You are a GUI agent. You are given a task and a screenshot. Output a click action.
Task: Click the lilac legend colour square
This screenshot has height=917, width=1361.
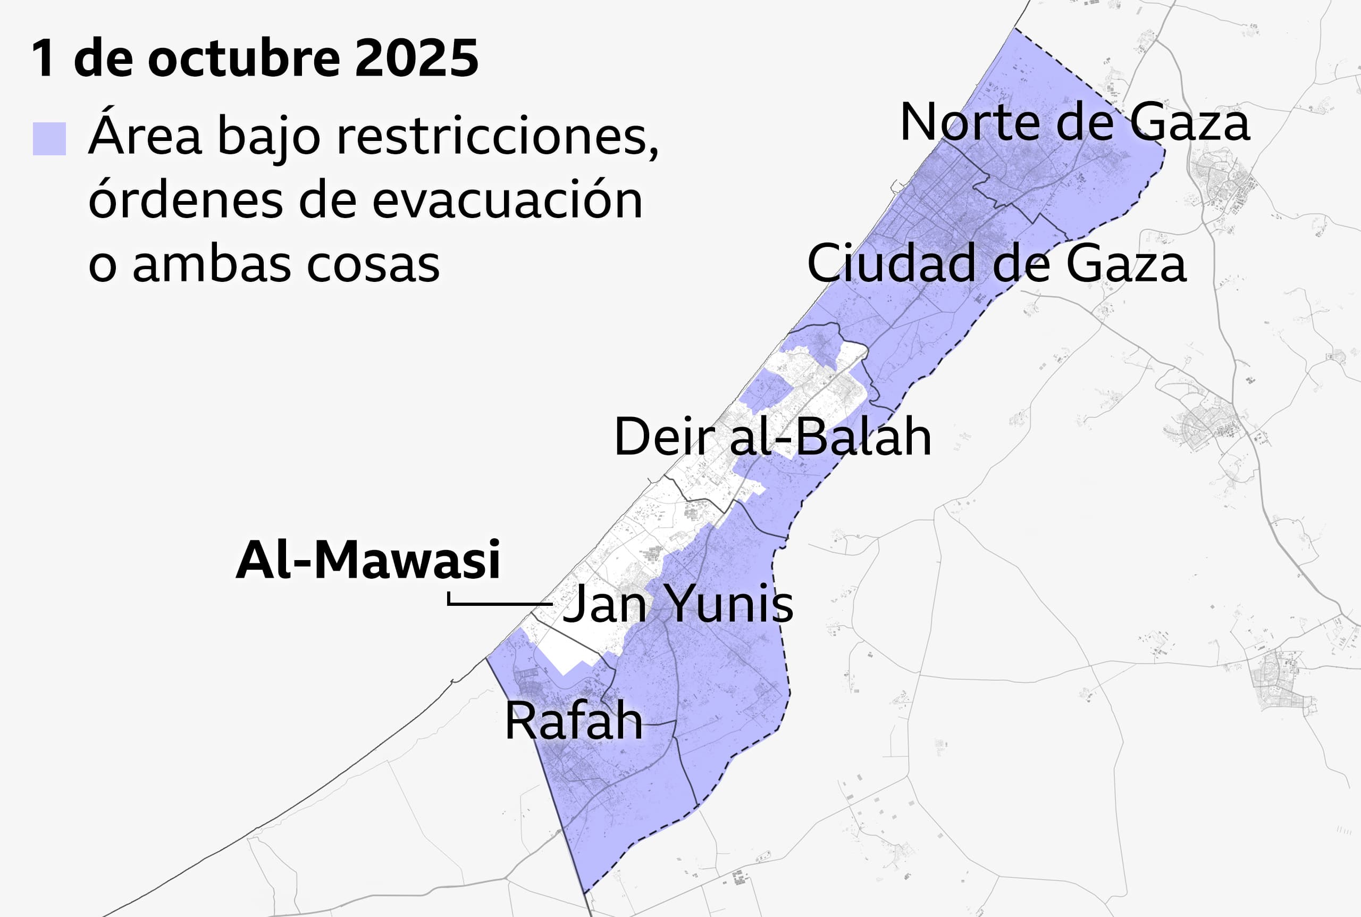(49, 139)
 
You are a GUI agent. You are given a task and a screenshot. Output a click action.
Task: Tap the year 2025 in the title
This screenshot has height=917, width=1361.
(417, 58)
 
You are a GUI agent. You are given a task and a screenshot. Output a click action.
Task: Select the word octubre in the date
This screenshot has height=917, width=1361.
(243, 58)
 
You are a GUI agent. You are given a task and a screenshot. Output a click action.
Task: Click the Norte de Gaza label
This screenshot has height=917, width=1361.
(1074, 122)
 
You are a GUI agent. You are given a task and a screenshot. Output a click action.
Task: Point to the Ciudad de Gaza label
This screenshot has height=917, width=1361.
(996, 263)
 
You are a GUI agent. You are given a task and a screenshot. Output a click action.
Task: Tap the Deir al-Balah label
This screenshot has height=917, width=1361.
(772, 437)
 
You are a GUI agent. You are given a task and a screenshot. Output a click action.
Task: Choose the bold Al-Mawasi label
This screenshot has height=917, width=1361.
(368, 560)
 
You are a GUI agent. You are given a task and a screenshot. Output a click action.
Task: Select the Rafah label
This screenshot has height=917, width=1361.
(573, 721)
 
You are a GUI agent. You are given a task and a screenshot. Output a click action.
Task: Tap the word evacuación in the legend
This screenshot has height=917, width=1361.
(507, 201)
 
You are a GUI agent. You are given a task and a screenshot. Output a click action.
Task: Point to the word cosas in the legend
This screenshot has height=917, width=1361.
(373, 264)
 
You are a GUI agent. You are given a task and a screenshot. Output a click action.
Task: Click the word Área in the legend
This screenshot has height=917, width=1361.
(145, 136)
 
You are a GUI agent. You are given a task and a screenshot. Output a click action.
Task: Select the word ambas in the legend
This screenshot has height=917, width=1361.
(212, 264)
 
